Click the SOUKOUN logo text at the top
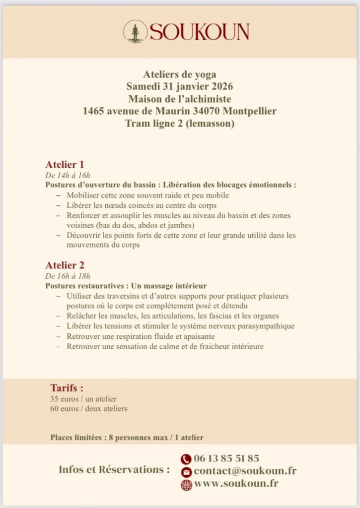[x=199, y=32]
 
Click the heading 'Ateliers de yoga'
[x=180, y=74]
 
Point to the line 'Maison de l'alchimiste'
[x=180, y=99]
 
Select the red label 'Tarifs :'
[x=67, y=387]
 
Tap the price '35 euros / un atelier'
[x=83, y=398]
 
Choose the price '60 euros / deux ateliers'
[x=88, y=409]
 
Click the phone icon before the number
[x=186, y=459]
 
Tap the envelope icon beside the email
[x=186, y=472]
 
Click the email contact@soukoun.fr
[x=245, y=471]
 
